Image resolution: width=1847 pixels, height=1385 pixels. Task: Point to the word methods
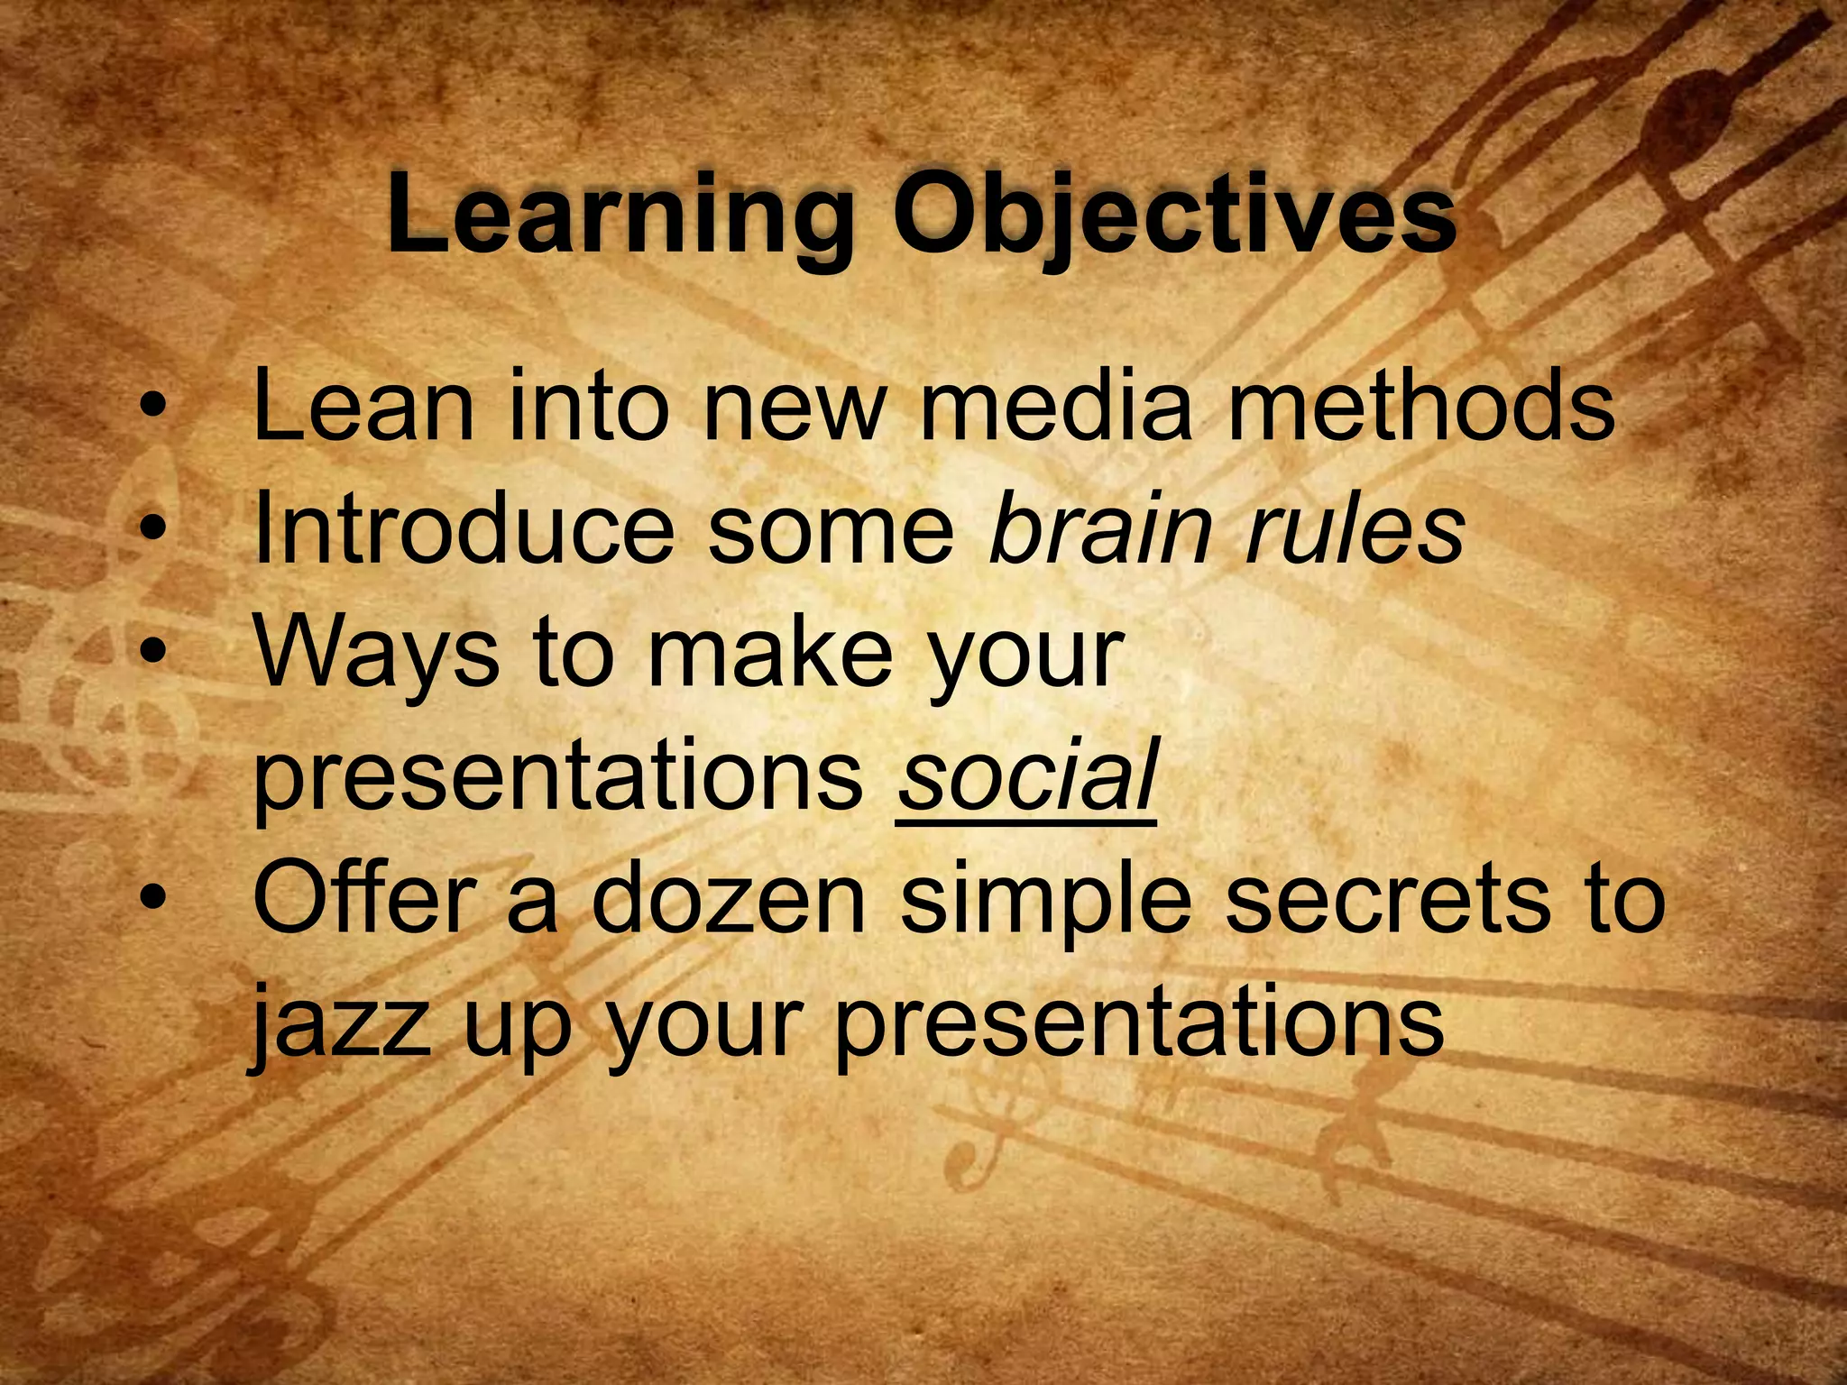point(1420,407)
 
